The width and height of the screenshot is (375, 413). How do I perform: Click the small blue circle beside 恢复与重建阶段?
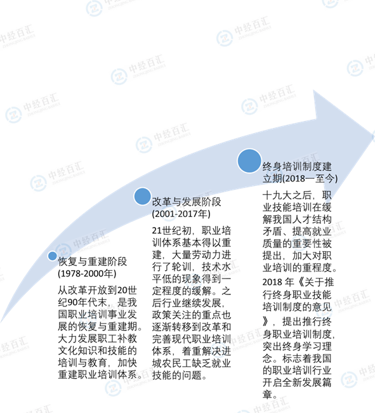click(x=53, y=256)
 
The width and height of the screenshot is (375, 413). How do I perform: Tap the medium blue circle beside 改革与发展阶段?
click(x=142, y=196)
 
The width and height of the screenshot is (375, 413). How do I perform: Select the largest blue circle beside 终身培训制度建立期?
click(x=249, y=161)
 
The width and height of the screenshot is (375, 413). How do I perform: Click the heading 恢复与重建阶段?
click(x=93, y=261)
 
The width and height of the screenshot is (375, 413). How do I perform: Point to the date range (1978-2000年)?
click(x=87, y=273)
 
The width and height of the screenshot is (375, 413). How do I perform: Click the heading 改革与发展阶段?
click(x=187, y=202)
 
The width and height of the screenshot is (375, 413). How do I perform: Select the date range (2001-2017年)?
click(x=181, y=214)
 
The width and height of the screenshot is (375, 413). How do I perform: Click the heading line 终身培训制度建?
click(x=297, y=166)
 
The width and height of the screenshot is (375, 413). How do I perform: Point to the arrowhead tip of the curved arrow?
click(x=374, y=135)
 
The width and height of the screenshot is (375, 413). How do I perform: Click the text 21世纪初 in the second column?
click(x=171, y=231)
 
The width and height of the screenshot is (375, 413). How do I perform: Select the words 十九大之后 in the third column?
click(x=287, y=195)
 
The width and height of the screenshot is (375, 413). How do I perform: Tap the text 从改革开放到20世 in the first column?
click(x=97, y=291)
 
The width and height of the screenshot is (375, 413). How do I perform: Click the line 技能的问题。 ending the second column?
click(x=180, y=375)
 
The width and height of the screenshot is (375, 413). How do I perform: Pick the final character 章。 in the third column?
click(x=270, y=395)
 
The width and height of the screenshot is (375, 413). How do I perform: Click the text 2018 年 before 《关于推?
click(x=278, y=282)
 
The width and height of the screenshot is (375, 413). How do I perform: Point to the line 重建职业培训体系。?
click(x=100, y=374)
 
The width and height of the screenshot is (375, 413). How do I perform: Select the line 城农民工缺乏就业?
click(x=192, y=364)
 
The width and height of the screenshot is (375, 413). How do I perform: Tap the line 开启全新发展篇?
click(x=297, y=382)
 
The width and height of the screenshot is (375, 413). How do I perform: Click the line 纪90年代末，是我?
click(x=97, y=303)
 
